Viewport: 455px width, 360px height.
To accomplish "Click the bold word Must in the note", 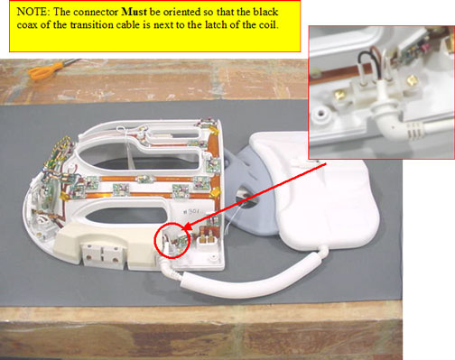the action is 134,12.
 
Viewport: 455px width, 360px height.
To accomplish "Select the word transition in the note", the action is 92,24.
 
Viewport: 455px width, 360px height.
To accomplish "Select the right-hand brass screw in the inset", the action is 411,80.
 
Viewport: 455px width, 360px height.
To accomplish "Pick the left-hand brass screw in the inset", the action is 339,96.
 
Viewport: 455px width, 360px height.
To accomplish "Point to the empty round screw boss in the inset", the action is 320,115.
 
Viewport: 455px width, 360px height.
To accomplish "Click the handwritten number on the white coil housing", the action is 191,211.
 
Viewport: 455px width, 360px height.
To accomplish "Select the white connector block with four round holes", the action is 102,256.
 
